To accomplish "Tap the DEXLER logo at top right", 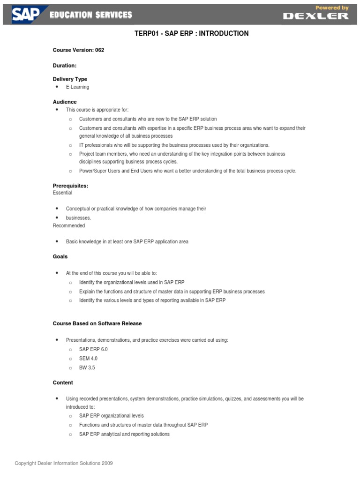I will coord(315,16).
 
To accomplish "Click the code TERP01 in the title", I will coord(147,34).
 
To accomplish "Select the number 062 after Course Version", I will coord(99,50).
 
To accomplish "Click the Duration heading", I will coord(65,66).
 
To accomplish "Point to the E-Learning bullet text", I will coord(77,87).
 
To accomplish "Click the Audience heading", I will coord(65,102).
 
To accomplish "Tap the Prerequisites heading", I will coord(70,186).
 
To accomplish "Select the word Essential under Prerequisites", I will coord(62,193).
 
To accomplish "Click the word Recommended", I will coord(69,225).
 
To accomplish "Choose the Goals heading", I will coord(60,256).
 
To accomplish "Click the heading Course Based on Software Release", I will coord(97,323).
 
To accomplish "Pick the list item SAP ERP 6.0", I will coord(93,350).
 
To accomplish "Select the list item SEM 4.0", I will coord(88,359).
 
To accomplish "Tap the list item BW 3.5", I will coord(87,368).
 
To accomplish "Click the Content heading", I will coord(63,382).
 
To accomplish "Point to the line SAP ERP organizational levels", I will coord(111,416).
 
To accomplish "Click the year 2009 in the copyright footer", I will coord(107,463).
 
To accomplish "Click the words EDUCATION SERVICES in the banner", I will coord(91,15).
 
